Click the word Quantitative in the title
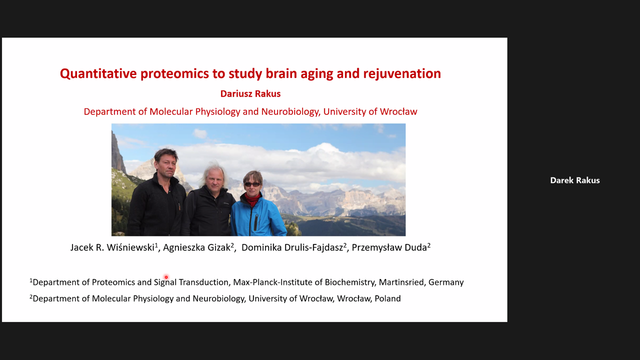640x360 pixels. point(98,73)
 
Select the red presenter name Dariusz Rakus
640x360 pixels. point(250,93)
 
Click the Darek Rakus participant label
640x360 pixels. point(575,180)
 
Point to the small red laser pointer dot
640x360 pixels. point(166,277)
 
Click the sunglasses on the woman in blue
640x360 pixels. point(252,184)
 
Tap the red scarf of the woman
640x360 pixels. point(253,199)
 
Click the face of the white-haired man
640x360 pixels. point(214,179)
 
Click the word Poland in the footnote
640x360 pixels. point(387,298)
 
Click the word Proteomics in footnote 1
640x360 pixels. point(113,282)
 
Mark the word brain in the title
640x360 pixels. point(276,73)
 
